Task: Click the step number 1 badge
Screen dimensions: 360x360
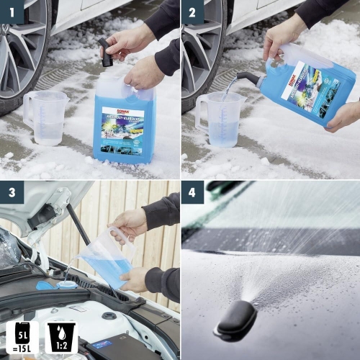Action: point(12,12)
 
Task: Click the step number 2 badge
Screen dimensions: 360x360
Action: point(192,12)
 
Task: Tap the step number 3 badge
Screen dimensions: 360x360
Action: point(12,193)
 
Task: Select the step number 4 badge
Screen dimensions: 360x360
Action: point(192,193)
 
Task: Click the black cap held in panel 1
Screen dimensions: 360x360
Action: point(106,53)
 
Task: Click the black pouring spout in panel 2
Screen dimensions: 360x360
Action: point(248,76)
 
